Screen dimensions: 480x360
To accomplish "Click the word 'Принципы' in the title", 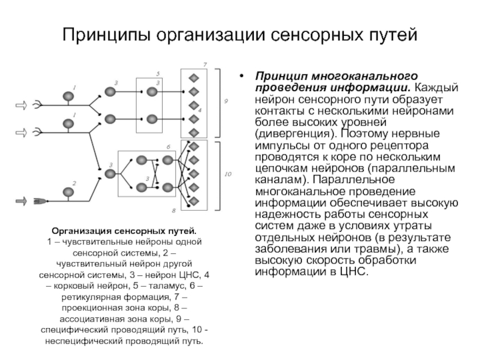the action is point(106,35).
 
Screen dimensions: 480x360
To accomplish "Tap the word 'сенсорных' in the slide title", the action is point(317,35).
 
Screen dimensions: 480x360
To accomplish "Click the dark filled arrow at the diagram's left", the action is point(21,201).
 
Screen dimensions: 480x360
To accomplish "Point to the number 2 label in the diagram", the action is point(74,183).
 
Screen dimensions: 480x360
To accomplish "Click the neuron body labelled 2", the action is point(68,192).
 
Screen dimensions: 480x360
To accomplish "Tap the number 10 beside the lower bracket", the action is point(228,174).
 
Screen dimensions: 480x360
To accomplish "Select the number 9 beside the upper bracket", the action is point(226,101).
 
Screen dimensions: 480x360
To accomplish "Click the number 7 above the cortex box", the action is point(205,65).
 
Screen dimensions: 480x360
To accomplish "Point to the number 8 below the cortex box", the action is point(173,211).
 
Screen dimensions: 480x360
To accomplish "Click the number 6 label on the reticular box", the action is point(169,147).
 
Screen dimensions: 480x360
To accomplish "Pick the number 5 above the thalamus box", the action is point(158,74).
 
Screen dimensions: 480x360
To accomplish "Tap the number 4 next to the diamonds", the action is point(200,110).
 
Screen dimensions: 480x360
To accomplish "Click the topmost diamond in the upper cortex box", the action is point(194,78).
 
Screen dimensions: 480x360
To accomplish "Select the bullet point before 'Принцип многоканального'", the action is point(242,76).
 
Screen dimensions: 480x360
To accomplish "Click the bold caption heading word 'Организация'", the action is point(82,231).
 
